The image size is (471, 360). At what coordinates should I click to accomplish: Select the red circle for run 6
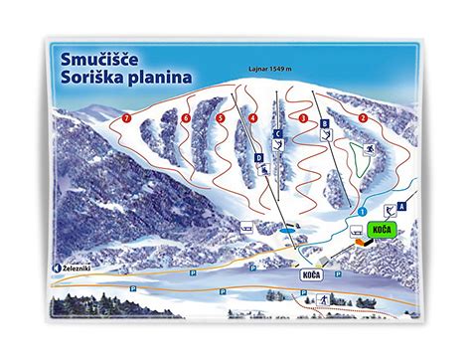[186, 118]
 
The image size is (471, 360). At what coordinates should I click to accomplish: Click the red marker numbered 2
[363, 118]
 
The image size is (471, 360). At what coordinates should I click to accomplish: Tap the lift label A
[399, 206]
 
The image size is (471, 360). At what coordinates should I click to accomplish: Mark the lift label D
[257, 158]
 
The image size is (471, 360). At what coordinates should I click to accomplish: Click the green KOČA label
[381, 230]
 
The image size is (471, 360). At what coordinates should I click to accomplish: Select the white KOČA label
[308, 272]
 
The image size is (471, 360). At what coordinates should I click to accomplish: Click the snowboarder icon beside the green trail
[368, 151]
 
